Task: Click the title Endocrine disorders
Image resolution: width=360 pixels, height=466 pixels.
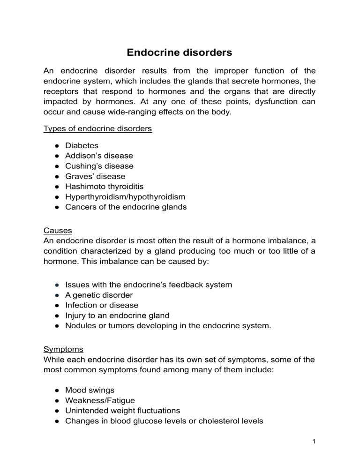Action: [x=180, y=53]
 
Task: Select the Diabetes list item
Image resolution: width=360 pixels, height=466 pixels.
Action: [x=82, y=145]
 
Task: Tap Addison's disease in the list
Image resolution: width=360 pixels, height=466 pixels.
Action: [x=99, y=156]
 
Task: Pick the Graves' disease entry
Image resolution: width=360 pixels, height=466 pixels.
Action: [x=95, y=176]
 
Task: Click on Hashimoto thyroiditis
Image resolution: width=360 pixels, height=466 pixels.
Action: [x=104, y=187]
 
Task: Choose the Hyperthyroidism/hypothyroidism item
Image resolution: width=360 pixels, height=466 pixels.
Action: [x=125, y=197]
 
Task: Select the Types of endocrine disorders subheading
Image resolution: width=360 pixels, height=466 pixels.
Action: [x=97, y=129]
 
